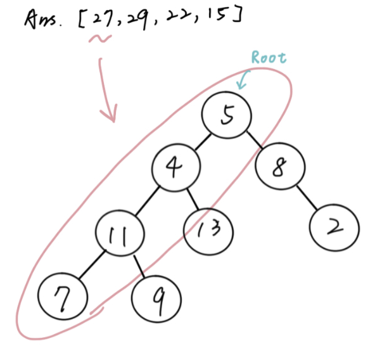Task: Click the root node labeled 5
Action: pos(227,115)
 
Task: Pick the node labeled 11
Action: pos(119,236)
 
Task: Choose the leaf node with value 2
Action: pos(334,228)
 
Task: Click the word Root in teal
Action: pos(269,57)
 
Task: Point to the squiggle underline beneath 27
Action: pos(100,39)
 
